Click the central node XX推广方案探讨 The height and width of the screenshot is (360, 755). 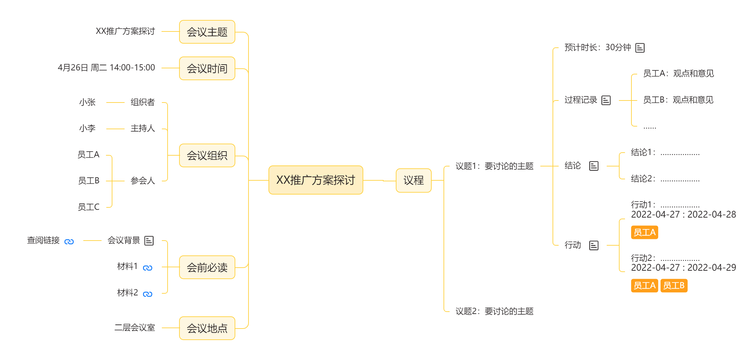click(x=316, y=180)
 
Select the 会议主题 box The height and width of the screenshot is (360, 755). click(x=207, y=32)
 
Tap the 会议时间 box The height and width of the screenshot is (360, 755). click(x=207, y=68)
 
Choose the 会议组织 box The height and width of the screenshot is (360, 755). click(x=207, y=155)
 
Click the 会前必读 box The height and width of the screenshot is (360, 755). click(x=207, y=267)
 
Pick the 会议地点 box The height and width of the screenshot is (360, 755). click(x=207, y=328)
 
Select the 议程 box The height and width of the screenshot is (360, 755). click(x=413, y=180)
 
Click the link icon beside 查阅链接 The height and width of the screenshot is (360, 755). click(x=69, y=242)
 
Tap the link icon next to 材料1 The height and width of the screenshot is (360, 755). click(x=148, y=268)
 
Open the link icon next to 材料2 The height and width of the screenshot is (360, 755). click(x=148, y=294)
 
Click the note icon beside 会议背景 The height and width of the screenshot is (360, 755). click(x=149, y=241)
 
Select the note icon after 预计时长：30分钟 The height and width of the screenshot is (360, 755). click(x=640, y=48)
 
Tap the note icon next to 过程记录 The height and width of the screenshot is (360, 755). click(x=606, y=100)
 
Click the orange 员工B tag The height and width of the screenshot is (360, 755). click(x=674, y=286)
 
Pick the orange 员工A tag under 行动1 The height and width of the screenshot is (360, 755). click(x=644, y=232)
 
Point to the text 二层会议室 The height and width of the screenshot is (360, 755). click(x=135, y=328)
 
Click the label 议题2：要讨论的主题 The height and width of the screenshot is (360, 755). click(x=494, y=311)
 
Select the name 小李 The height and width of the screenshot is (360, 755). click(x=87, y=128)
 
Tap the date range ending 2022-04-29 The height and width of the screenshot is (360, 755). click(x=683, y=268)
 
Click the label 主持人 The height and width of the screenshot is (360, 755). click(x=143, y=128)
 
